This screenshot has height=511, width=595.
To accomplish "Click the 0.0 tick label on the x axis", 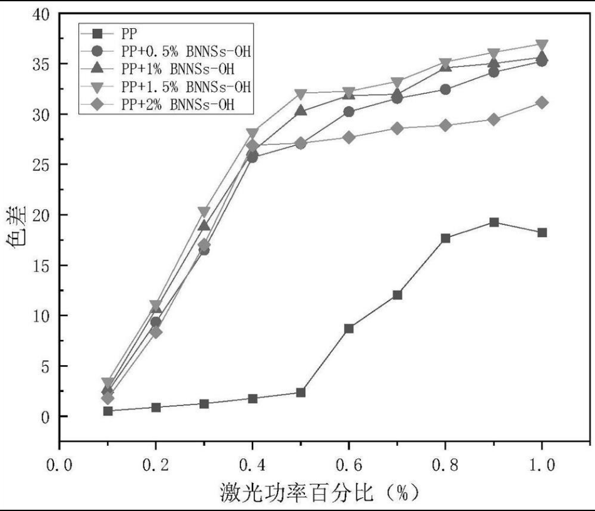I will (59, 465).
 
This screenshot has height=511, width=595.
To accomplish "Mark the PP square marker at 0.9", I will (494, 222).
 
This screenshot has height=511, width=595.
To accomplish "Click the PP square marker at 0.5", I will (301, 393).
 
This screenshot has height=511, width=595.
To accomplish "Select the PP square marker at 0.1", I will (108, 411).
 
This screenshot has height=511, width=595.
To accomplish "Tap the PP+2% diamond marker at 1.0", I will (542, 103).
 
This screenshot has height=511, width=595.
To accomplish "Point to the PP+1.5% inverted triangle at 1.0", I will (542, 45).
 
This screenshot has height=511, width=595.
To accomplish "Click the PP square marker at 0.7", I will (397, 295).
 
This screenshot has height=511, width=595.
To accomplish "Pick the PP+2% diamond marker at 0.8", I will (445, 125).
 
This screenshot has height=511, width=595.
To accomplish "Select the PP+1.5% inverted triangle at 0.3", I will (204, 212).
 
